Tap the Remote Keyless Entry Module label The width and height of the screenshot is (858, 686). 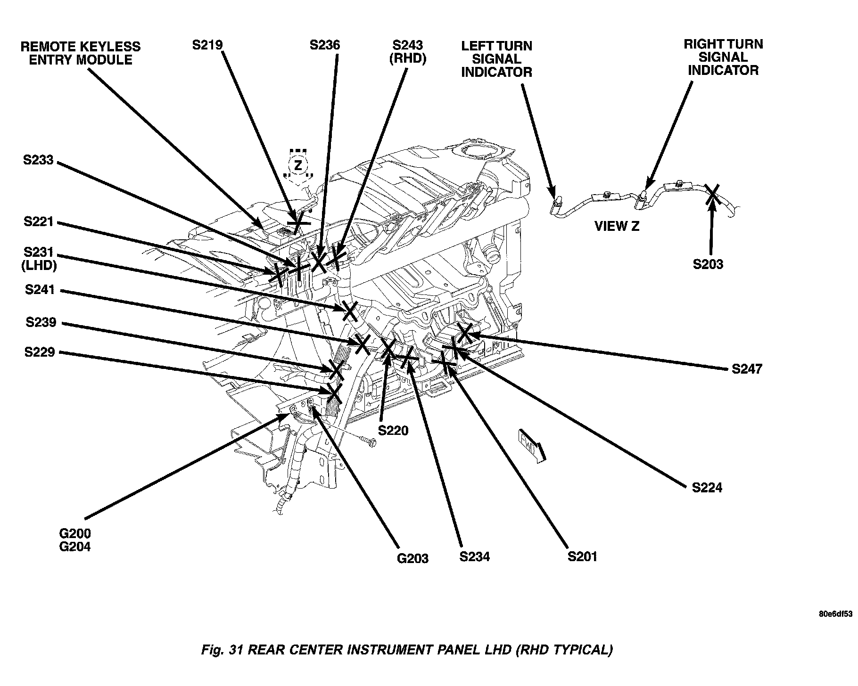click(80, 53)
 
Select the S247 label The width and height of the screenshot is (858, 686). click(747, 368)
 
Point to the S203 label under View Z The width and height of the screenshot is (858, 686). click(708, 264)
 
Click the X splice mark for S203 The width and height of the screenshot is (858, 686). click(713, 194)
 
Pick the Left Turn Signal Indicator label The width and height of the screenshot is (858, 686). click(496, 59)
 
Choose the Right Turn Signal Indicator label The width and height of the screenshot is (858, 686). click(723, 57)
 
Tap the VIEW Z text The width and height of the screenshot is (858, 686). click(617, 226)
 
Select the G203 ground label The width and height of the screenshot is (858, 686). click(412, 558)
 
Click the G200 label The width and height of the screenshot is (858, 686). click(75, 534)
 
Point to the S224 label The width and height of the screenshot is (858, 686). click(707, 488)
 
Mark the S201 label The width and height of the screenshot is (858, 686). click(582, 556)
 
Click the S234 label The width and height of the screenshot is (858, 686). click(475, 556)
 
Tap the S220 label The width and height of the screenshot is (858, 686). click(393, 430)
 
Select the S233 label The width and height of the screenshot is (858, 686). click(39, 160)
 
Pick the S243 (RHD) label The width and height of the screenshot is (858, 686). click(408, 52)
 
